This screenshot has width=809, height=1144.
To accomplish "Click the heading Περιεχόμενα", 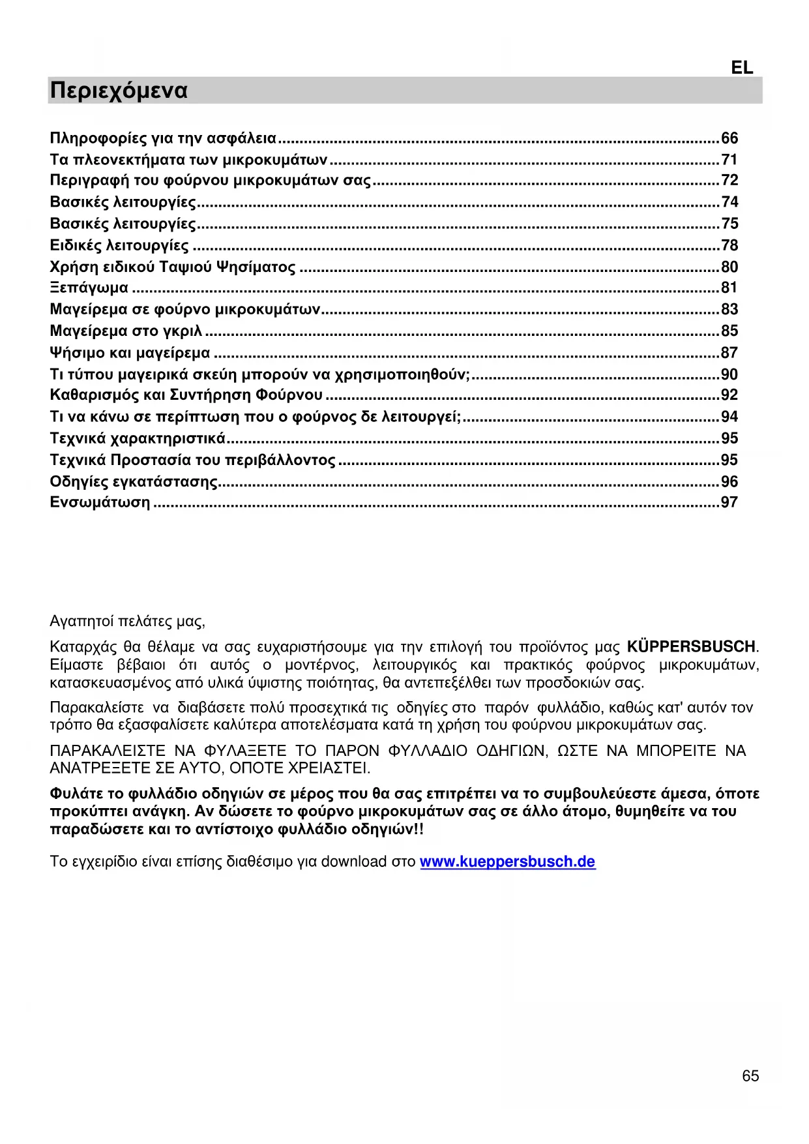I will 119,91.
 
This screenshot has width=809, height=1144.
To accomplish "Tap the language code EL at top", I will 742,68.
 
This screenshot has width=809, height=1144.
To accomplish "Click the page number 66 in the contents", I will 729,138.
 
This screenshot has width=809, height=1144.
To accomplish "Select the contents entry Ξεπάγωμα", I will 89,288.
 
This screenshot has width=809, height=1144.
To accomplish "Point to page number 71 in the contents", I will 729,160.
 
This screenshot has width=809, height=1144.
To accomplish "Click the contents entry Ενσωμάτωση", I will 100,503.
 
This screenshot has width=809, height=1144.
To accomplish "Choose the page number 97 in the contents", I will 729,503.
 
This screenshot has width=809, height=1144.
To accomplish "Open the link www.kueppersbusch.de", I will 507,862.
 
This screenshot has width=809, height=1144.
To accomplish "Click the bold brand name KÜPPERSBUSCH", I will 691,647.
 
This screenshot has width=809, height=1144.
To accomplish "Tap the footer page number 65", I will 750,1076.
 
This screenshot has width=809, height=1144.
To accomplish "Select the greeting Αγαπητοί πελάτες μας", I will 127,622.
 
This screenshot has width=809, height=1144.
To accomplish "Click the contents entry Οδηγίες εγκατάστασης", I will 134,482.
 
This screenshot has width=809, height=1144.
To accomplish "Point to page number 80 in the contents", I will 729,267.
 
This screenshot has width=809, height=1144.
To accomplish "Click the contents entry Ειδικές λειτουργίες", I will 119,246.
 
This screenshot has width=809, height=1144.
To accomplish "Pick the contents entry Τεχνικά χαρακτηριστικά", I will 138,438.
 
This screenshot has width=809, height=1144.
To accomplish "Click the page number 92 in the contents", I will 729,395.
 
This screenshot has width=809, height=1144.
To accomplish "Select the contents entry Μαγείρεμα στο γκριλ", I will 126,331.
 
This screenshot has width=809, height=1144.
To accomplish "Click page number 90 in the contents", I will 729,375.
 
